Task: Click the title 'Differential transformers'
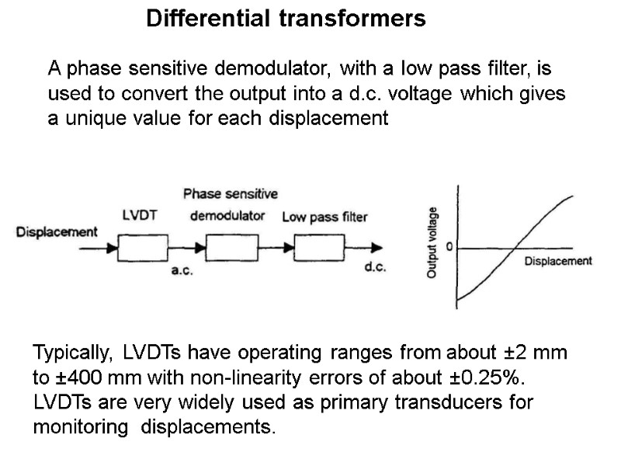pyautogui.click(x=286, y=19)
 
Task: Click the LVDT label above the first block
pyautogui.click(x=141, y=216)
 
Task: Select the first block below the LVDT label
pyautogui.click(x=142, y=248)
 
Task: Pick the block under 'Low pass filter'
pyautogui.click(x=319, y=248)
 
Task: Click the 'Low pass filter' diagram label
pyautogui.click(x=324, y=217)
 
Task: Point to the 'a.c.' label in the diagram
pyautogui.click(x=182, y=272)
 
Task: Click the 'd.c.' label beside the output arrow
pyautogui.click(x=376, y=269)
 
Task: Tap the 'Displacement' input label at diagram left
pyautogui.click(x=57, y=231)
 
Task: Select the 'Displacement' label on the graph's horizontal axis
pyautogui.click(x=558, y=262)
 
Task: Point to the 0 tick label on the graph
pyautogui.click(x=449, y=247)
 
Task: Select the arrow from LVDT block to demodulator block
pyautogui.click(x=186, y=249)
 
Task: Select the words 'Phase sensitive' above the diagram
pyautogui.click(x=231, y=193)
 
